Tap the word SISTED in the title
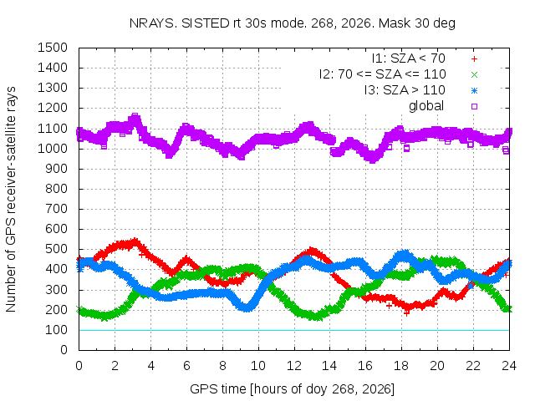click(x=206, y=23)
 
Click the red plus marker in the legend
click(x=474, y=59)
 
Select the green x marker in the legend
click(x=474, y=74)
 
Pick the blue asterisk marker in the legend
click(x=474, y=91)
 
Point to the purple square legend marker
click(x=474, y=106)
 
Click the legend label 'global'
click(x=426, y=106)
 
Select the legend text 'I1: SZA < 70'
click(x=409, y=58)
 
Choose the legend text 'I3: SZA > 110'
click(x=405, y=90)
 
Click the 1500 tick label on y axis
click(x=53, y=48)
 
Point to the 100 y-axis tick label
click(x=56, y=330)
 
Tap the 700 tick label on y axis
click(x=56, y=209)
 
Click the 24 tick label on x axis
click(x=509, y=366)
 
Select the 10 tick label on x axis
click(x=258, y=366)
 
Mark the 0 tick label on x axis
click(x=79, y=366)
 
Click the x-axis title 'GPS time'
click(x=218, y=389)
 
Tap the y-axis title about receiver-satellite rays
click(x=11, y=199)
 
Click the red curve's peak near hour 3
click(x=135, y=241)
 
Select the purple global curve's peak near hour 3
click(x=135, y=118)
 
